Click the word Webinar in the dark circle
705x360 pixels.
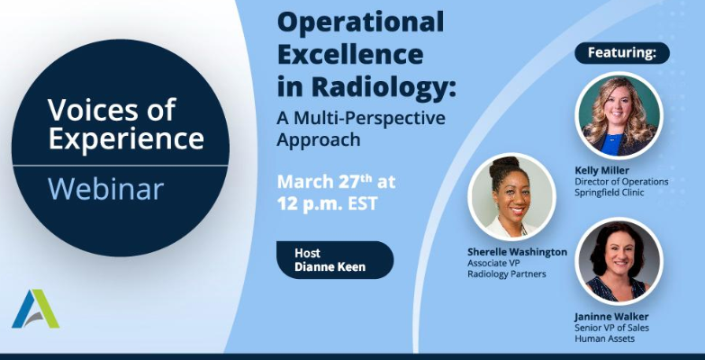(x=105, y=189)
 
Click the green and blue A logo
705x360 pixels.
(x=35, y=309)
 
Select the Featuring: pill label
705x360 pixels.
(x=622, y=53)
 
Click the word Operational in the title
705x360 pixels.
(x=360, y=22)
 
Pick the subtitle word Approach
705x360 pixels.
(x=319, y=139)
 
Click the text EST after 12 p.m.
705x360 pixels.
(x=362, y=203)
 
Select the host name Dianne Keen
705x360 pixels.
(x=330, y=266)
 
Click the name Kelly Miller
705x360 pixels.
(x=601, y=170)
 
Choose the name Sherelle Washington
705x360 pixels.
(x=517, y=252)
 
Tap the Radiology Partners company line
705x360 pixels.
(x=507, y=274)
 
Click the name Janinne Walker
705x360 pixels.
(x=611, y=317)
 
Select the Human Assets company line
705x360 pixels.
(x=605, y=338)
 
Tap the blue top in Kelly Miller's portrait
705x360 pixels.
(x=612, y=144)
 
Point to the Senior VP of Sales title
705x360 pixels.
(x=611, y=328)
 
